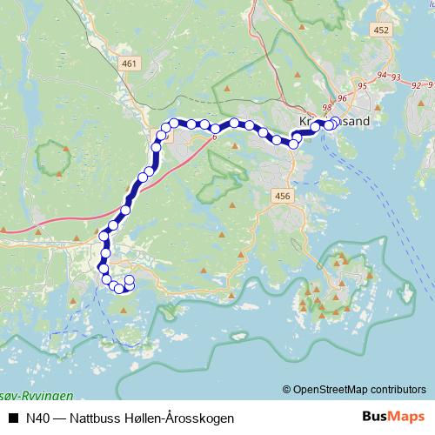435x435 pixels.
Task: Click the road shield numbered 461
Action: point(130,64)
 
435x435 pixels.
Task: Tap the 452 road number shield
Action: point(380,30)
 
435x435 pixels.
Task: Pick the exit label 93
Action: point(396,77)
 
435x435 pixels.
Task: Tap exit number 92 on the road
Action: point(417,86)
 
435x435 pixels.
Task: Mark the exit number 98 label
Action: point(327,107)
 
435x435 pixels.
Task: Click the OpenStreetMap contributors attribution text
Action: point(359,390)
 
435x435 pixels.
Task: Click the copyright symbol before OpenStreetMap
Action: point(287,390)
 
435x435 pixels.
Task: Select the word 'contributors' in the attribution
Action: point(398,390)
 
